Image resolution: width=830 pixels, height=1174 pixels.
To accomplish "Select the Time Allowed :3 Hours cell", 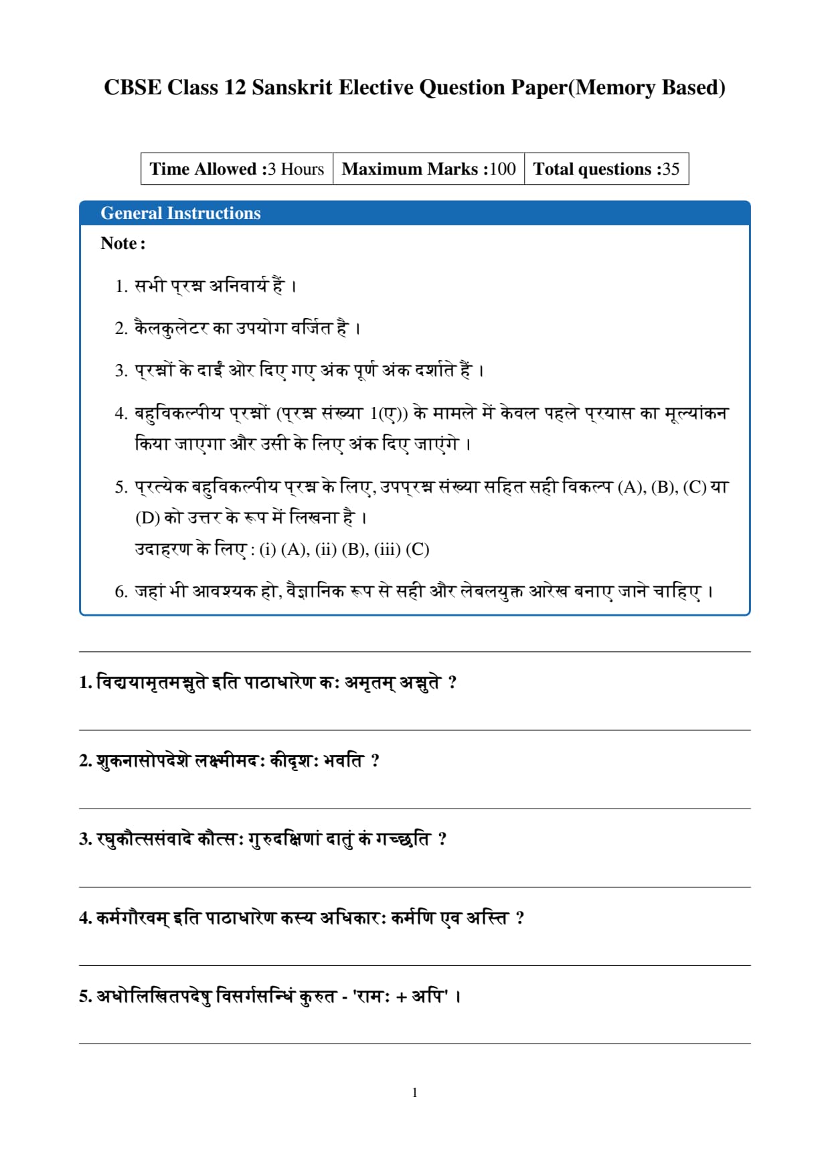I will coord(237,169).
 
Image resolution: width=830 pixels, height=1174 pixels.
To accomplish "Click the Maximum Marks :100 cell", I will coord(428,169).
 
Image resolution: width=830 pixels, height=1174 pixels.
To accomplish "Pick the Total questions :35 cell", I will coord(606,169).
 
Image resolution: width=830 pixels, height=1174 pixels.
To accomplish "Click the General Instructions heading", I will coord(181,213).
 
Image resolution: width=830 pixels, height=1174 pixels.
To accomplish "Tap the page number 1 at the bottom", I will coord(415,1092).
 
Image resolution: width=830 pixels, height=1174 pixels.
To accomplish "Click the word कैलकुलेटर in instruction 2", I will coord(171,328).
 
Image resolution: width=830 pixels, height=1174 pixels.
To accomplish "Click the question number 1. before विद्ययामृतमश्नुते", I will coord(85,682).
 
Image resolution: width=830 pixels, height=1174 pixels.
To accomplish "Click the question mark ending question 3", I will coord(442,839).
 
